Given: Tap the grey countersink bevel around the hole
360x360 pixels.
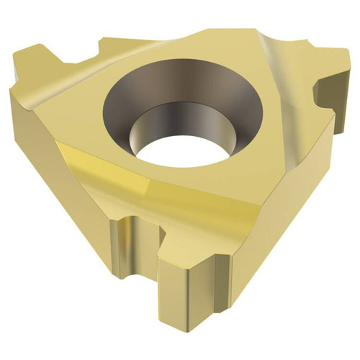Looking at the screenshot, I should tap(144, 101).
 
